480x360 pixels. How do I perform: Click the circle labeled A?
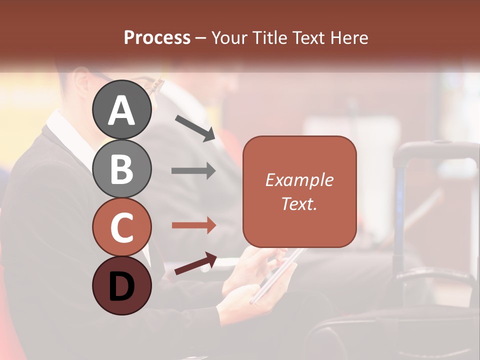point(121,110)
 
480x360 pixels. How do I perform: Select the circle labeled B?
point(121,168)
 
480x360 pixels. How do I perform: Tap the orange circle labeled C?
point(121,227)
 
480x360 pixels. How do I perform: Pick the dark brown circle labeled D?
point(121,285)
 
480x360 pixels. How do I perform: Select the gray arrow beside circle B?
point(193,171)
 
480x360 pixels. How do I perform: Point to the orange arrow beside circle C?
point(193,225)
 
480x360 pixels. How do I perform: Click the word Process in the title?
point(157,37)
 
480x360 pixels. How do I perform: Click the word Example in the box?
point(299,180)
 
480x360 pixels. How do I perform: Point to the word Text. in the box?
point(299,203)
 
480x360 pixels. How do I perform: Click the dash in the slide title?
point(200,38)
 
